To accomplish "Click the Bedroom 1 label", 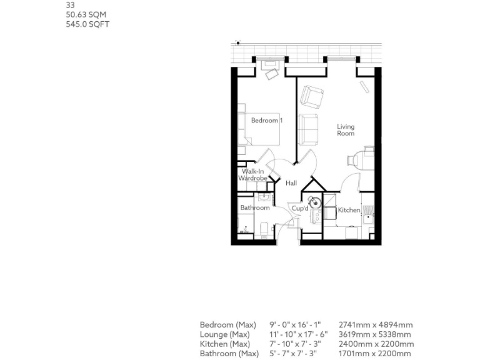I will point(266,120).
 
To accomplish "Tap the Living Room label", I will point(346,129).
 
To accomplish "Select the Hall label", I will point(291,183).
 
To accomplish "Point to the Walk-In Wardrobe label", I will point(252,174).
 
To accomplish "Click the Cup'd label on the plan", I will point(300,207).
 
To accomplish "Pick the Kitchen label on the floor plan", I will point(349,210).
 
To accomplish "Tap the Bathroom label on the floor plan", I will point(255,207).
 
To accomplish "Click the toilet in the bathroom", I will point(263,229).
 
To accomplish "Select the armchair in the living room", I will point(311,96).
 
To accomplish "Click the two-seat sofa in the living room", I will point(309,128).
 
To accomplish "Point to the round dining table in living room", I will point(361,158).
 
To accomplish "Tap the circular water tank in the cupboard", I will point(312,202).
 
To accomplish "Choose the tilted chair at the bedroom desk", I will point(272,74).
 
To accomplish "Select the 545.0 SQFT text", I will point(88,24).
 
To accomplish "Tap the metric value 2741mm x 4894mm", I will point(375,325).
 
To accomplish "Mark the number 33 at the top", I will point(70,5).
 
